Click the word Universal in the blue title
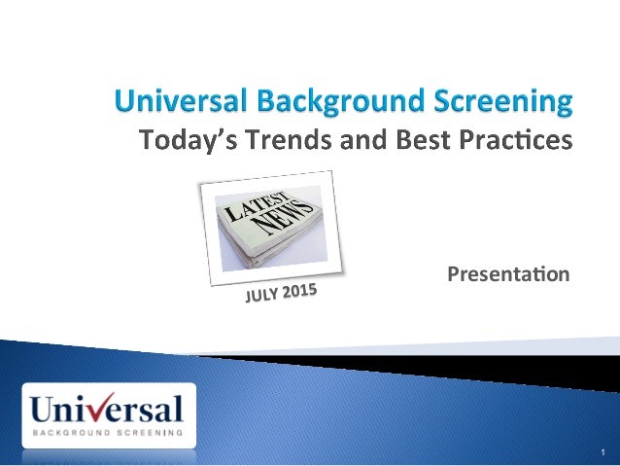(183, 100)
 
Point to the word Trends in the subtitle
(283, 142)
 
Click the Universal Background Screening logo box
(108, 414)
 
